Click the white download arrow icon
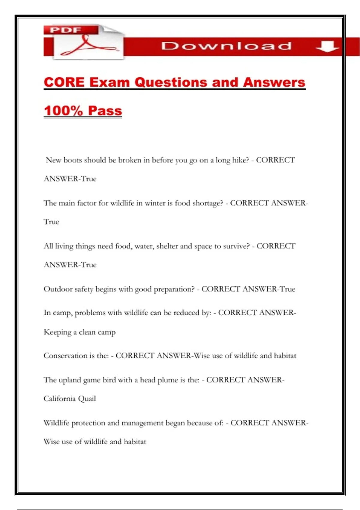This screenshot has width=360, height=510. tap(327, 46)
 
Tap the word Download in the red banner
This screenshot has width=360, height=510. tap(226, 46)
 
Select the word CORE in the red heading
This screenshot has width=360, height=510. tap(64, 82)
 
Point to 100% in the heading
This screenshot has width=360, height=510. tap(63, 111)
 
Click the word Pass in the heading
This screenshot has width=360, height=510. tap(105, 111)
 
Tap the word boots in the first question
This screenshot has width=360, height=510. tap(73, 160)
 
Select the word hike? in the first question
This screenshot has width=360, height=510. tap(241, 160)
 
